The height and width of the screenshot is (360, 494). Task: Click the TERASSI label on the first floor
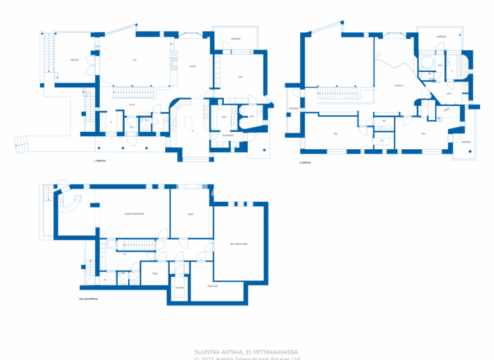[x=75, y=60]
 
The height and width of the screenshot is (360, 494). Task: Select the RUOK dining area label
[x=192, y=66]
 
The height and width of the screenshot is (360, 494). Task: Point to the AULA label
[x=131, y=104]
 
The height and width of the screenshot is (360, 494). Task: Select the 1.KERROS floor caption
[x=99, y=160]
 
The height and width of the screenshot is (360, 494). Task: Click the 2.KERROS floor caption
[x=305, y=163]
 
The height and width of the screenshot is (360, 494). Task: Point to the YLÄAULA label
[x=399, y=86]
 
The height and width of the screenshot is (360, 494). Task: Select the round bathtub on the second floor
[x=426, y=62]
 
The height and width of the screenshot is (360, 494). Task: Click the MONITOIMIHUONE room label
[x=134, y=213]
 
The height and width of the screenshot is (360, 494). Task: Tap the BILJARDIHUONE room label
[x=239, y=244]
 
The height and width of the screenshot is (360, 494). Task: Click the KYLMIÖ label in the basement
[x=179, y=287]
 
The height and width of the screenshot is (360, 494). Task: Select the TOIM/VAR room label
[x=212, y=286]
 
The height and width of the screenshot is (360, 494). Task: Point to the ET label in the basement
[x=124, y=254]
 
